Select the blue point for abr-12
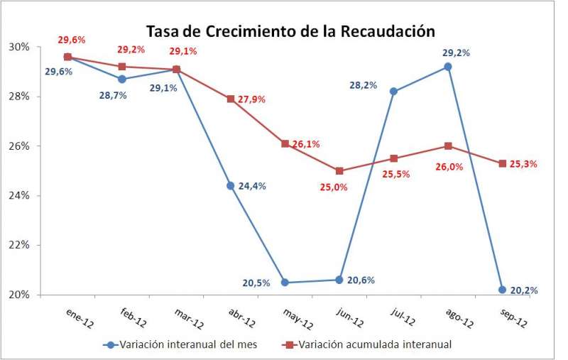pyautogui.click(x=231, y=186)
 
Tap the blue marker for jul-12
pyautogui.click(x=393, y=92)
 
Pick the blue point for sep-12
pyautogui.click(x=502, y=290)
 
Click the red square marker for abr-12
pyautogui.click(x=231, y=99)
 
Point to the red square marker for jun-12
pyautogui.click(x=339, y=171)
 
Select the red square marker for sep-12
pyautogui.click(x=502, y=163)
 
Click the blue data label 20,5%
pyautogui.click(x=256, y=283)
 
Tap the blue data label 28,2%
pyautogui.click(x=363, y=85)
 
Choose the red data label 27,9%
pyautogui.click(x=251, y=99)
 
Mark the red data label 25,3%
pyautogui.click(x=523, y=164)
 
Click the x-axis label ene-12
pyautogui.click(x=80, y=319)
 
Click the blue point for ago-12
pyautogui.click(x=448, y=67)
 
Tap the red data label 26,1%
pyautogui.click(x=305, y=144)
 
